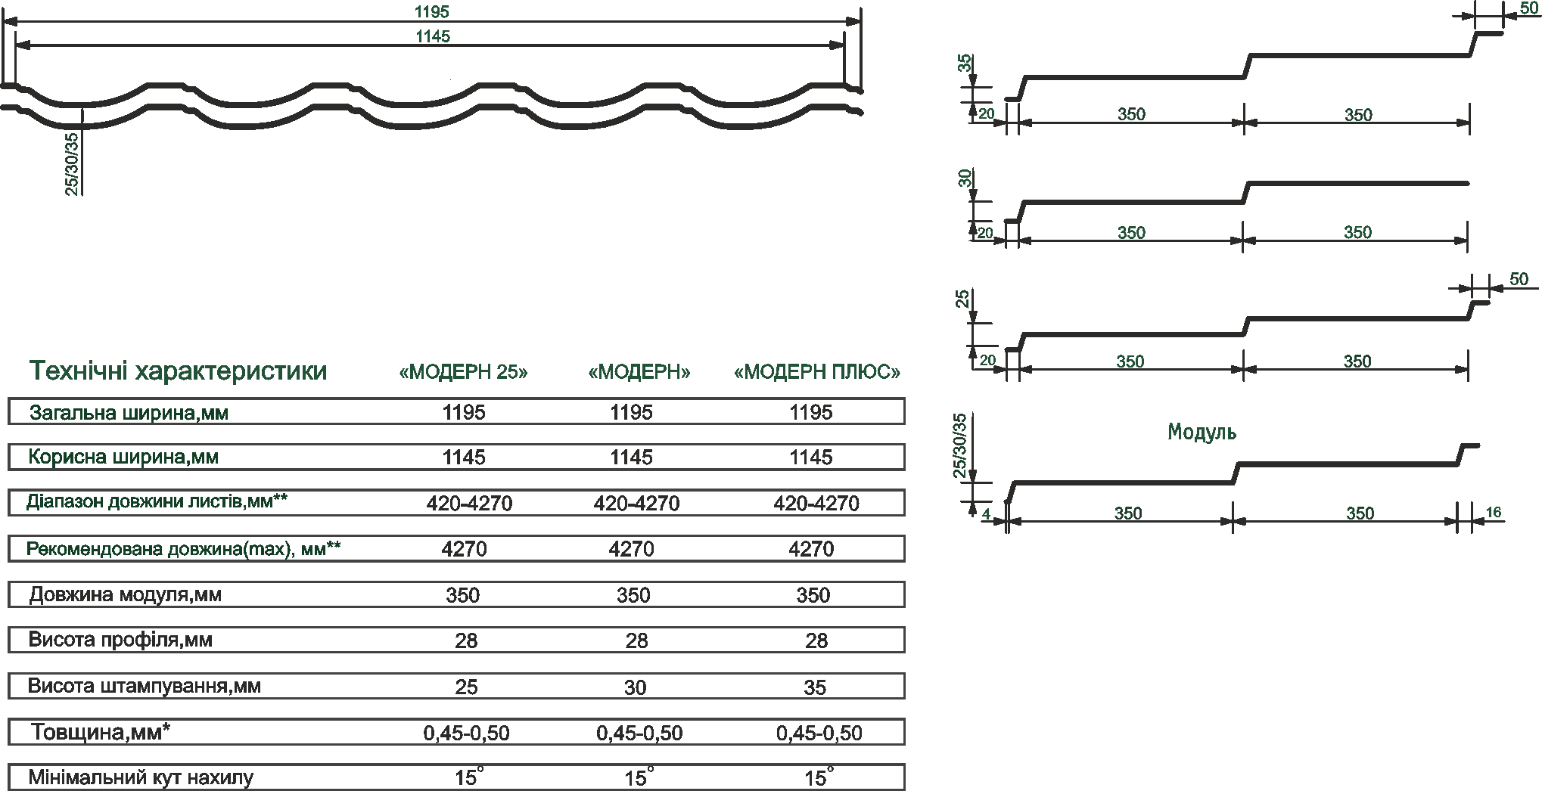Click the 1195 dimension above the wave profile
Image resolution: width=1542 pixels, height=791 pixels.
pyautogui.click(x=432, y=11)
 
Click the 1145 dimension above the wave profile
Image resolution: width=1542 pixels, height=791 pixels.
pyautogui.click(x=432, y=36)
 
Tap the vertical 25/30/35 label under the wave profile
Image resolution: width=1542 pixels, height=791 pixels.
pyautogui.click(x=71, y=164)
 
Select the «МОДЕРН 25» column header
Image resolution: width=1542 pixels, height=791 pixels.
pyautogui.click(x=463, y=372)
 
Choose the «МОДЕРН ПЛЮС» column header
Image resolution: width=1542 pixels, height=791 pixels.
pyautogui.click(x=818, y=372)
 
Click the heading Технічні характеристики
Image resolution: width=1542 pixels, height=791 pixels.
pyautogui.click(x=178, y=371)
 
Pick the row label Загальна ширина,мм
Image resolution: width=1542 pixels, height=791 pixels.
pyautogui.click(x=129, y=413)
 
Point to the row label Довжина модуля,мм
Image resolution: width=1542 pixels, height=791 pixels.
pyautogui.click(x=126, y=594)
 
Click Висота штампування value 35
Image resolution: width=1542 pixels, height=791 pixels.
pyautogui.click(x=815, y=687)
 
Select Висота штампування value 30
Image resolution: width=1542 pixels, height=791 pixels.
pyautogui.click(x=636, y=687)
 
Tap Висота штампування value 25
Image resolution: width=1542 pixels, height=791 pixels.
pyautogui.click(x=466, y=687)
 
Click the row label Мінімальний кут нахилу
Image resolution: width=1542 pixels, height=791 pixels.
pyautogui.click(x=141, y=777)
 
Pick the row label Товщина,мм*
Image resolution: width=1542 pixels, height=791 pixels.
pyautogui.click(x=101, y=732)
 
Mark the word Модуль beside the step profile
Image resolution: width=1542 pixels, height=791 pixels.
pyautogui.click(x=1202, y=433)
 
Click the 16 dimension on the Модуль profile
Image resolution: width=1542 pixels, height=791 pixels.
pyautogui.click(x=1494, y=512)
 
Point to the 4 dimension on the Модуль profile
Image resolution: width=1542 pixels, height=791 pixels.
pyautogui.click(x=986, y=514)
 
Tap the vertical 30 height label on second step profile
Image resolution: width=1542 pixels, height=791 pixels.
pyautogui.click(x=965, y=178)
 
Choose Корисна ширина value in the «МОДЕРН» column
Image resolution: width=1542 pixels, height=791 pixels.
pyautogui.click(x=632, y=458)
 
